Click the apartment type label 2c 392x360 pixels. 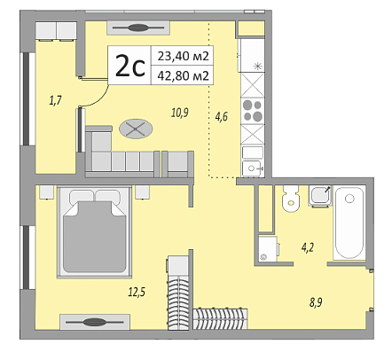130,67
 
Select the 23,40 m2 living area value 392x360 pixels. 184,56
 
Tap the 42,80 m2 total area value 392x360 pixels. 184,75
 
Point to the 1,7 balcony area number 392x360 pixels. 55,101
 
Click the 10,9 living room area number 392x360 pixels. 180,113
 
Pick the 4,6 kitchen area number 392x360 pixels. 221,117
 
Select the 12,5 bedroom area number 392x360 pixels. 137,292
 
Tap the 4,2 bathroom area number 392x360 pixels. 308,247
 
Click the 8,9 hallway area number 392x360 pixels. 316,302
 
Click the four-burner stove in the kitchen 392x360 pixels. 253,111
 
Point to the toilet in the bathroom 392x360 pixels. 291,198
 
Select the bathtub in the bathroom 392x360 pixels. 349,223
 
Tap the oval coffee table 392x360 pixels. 136,129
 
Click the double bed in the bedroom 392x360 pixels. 95,231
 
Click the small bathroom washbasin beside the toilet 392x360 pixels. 320,195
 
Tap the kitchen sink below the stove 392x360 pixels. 253,168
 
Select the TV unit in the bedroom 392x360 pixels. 95,322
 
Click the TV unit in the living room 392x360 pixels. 138,28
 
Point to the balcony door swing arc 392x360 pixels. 98,98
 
